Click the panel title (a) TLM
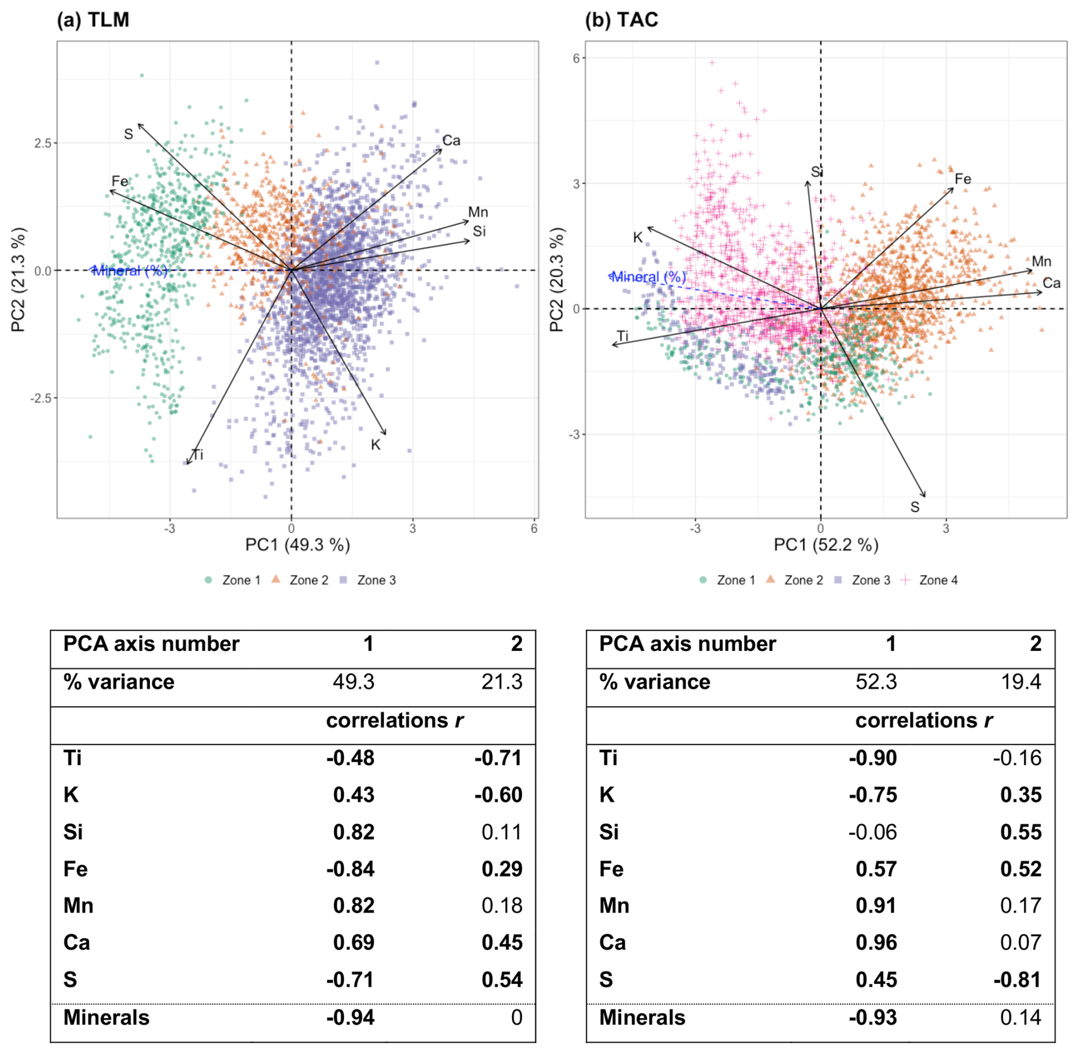tap(93, 20)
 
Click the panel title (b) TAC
tap(622, 20)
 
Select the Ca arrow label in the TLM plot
tap(451, 140)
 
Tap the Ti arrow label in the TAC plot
tap(623, 336)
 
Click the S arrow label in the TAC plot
tap(915, 507)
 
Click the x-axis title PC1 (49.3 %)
tap(297, 545)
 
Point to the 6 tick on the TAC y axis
tap(576, 58)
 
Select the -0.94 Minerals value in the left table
tap(350, 1018)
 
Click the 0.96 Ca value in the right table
tap(876, 943)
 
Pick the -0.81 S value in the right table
tap(1017, 980)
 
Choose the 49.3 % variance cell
tap(354, 682)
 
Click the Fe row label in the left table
tap(75, 869)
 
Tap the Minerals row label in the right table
tap(642, 1018)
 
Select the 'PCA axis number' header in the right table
tap(687, 644)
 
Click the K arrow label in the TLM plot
tap(375, 445)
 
